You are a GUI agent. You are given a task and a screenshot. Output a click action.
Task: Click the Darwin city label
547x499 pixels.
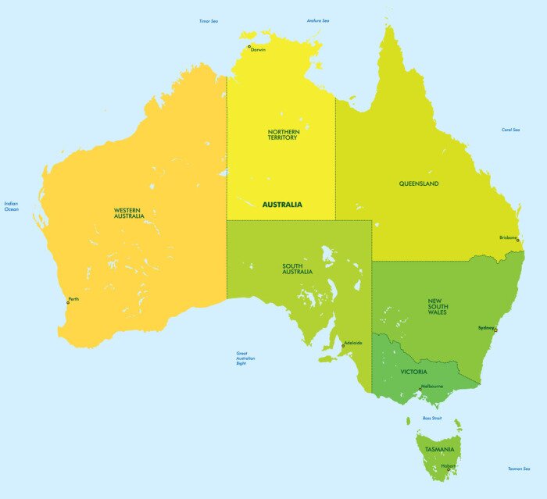coord(259,50)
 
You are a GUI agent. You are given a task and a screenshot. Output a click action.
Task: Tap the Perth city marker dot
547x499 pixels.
coord(68,303)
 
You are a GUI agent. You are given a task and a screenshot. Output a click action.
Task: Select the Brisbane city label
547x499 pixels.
coord(507,238)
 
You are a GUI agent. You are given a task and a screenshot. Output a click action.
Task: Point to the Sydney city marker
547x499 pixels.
coord(495,330)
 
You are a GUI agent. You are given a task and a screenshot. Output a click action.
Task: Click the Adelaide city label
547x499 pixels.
coord(353,343)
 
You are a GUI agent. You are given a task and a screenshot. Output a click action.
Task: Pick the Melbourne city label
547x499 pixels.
coord(432,387)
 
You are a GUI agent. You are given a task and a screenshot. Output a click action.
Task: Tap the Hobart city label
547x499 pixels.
coord(448,466)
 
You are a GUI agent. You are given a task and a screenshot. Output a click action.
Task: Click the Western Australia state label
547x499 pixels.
coord(129,212)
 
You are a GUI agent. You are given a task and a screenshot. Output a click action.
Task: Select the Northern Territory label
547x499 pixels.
coord(282,134)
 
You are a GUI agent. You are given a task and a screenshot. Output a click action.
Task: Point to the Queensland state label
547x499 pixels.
coord(419,184)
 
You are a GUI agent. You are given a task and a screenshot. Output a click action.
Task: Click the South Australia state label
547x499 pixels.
coord(298,269)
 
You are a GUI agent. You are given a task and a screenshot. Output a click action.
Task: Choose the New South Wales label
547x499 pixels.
coord(437,306)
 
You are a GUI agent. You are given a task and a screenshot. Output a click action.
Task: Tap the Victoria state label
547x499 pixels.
coord(413,372)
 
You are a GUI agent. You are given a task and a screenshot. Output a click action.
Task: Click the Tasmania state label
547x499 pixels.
coord(440,450)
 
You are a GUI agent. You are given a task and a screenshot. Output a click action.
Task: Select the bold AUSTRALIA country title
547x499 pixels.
coord(281,205)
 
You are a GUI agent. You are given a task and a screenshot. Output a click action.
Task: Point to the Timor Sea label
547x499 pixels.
coord(209,21)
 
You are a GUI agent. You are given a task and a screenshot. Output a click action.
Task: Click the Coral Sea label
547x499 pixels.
coord(511,130)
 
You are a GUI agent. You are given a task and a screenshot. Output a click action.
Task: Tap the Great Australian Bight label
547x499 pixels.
coord(245,358)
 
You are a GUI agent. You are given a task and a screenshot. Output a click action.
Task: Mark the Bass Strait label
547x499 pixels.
coord(432,418)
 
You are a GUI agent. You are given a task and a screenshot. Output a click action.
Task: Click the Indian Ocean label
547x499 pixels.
coord(11,206)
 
